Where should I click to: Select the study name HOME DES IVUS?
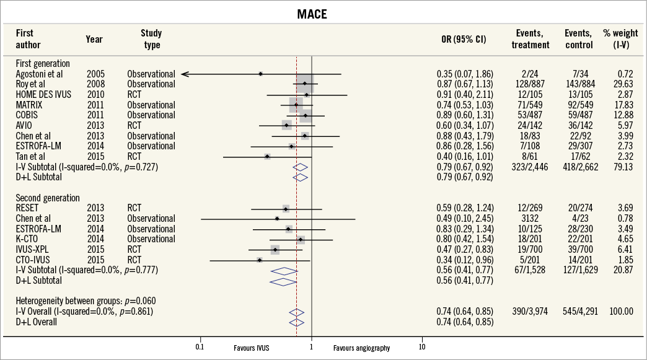(x=43, y=94)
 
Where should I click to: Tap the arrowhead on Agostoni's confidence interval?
(x=185, y=74)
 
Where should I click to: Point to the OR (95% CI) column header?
(x=462, y=39)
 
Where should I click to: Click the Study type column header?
(x=151, y=39)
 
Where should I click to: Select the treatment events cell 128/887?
(x=531, y=84)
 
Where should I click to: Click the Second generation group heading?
(x=48, y=198)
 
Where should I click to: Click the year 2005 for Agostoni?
(x=95, y=74)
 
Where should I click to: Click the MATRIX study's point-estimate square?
(x=296, y=105)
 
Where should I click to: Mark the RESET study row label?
(x=28, y=208)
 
